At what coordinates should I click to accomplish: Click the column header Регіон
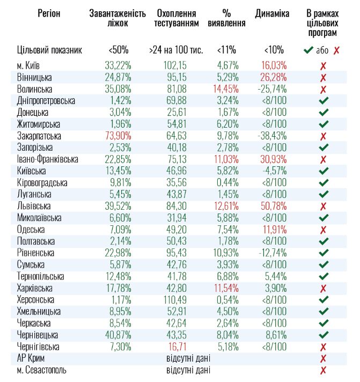pyautogui.click(x=49, y=13)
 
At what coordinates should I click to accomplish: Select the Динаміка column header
pyautogui.click(x=273, y=13)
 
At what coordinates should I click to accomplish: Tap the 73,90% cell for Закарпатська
pyautogui.click(x=118, y=136)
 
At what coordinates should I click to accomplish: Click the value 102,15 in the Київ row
pyautogui.click(x=175, y=65)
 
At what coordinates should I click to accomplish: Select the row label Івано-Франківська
pyautogui.click(x=48, y=159)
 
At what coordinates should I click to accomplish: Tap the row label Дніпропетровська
pyautogui.click(x=46, y=101)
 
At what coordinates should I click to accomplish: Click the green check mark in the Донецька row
pyautogui.click(x=323, y=113)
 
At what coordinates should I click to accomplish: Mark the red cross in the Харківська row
pyautogui.click(x=323, y=288)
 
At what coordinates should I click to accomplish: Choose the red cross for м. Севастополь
pyautogui.click(x=323, y=370)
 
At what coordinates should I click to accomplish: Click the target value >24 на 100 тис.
pyautogui.click(x=175, y=50)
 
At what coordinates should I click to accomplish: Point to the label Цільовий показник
pyautogui.click(x=49, y=50)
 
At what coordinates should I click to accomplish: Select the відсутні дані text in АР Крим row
pyautogui.click(x=188, y=358)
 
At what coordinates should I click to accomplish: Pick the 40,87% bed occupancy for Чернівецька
pyautogui.click(x=118, y=335)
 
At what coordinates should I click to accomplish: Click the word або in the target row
pyautogui.click(x=322, y=50)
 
